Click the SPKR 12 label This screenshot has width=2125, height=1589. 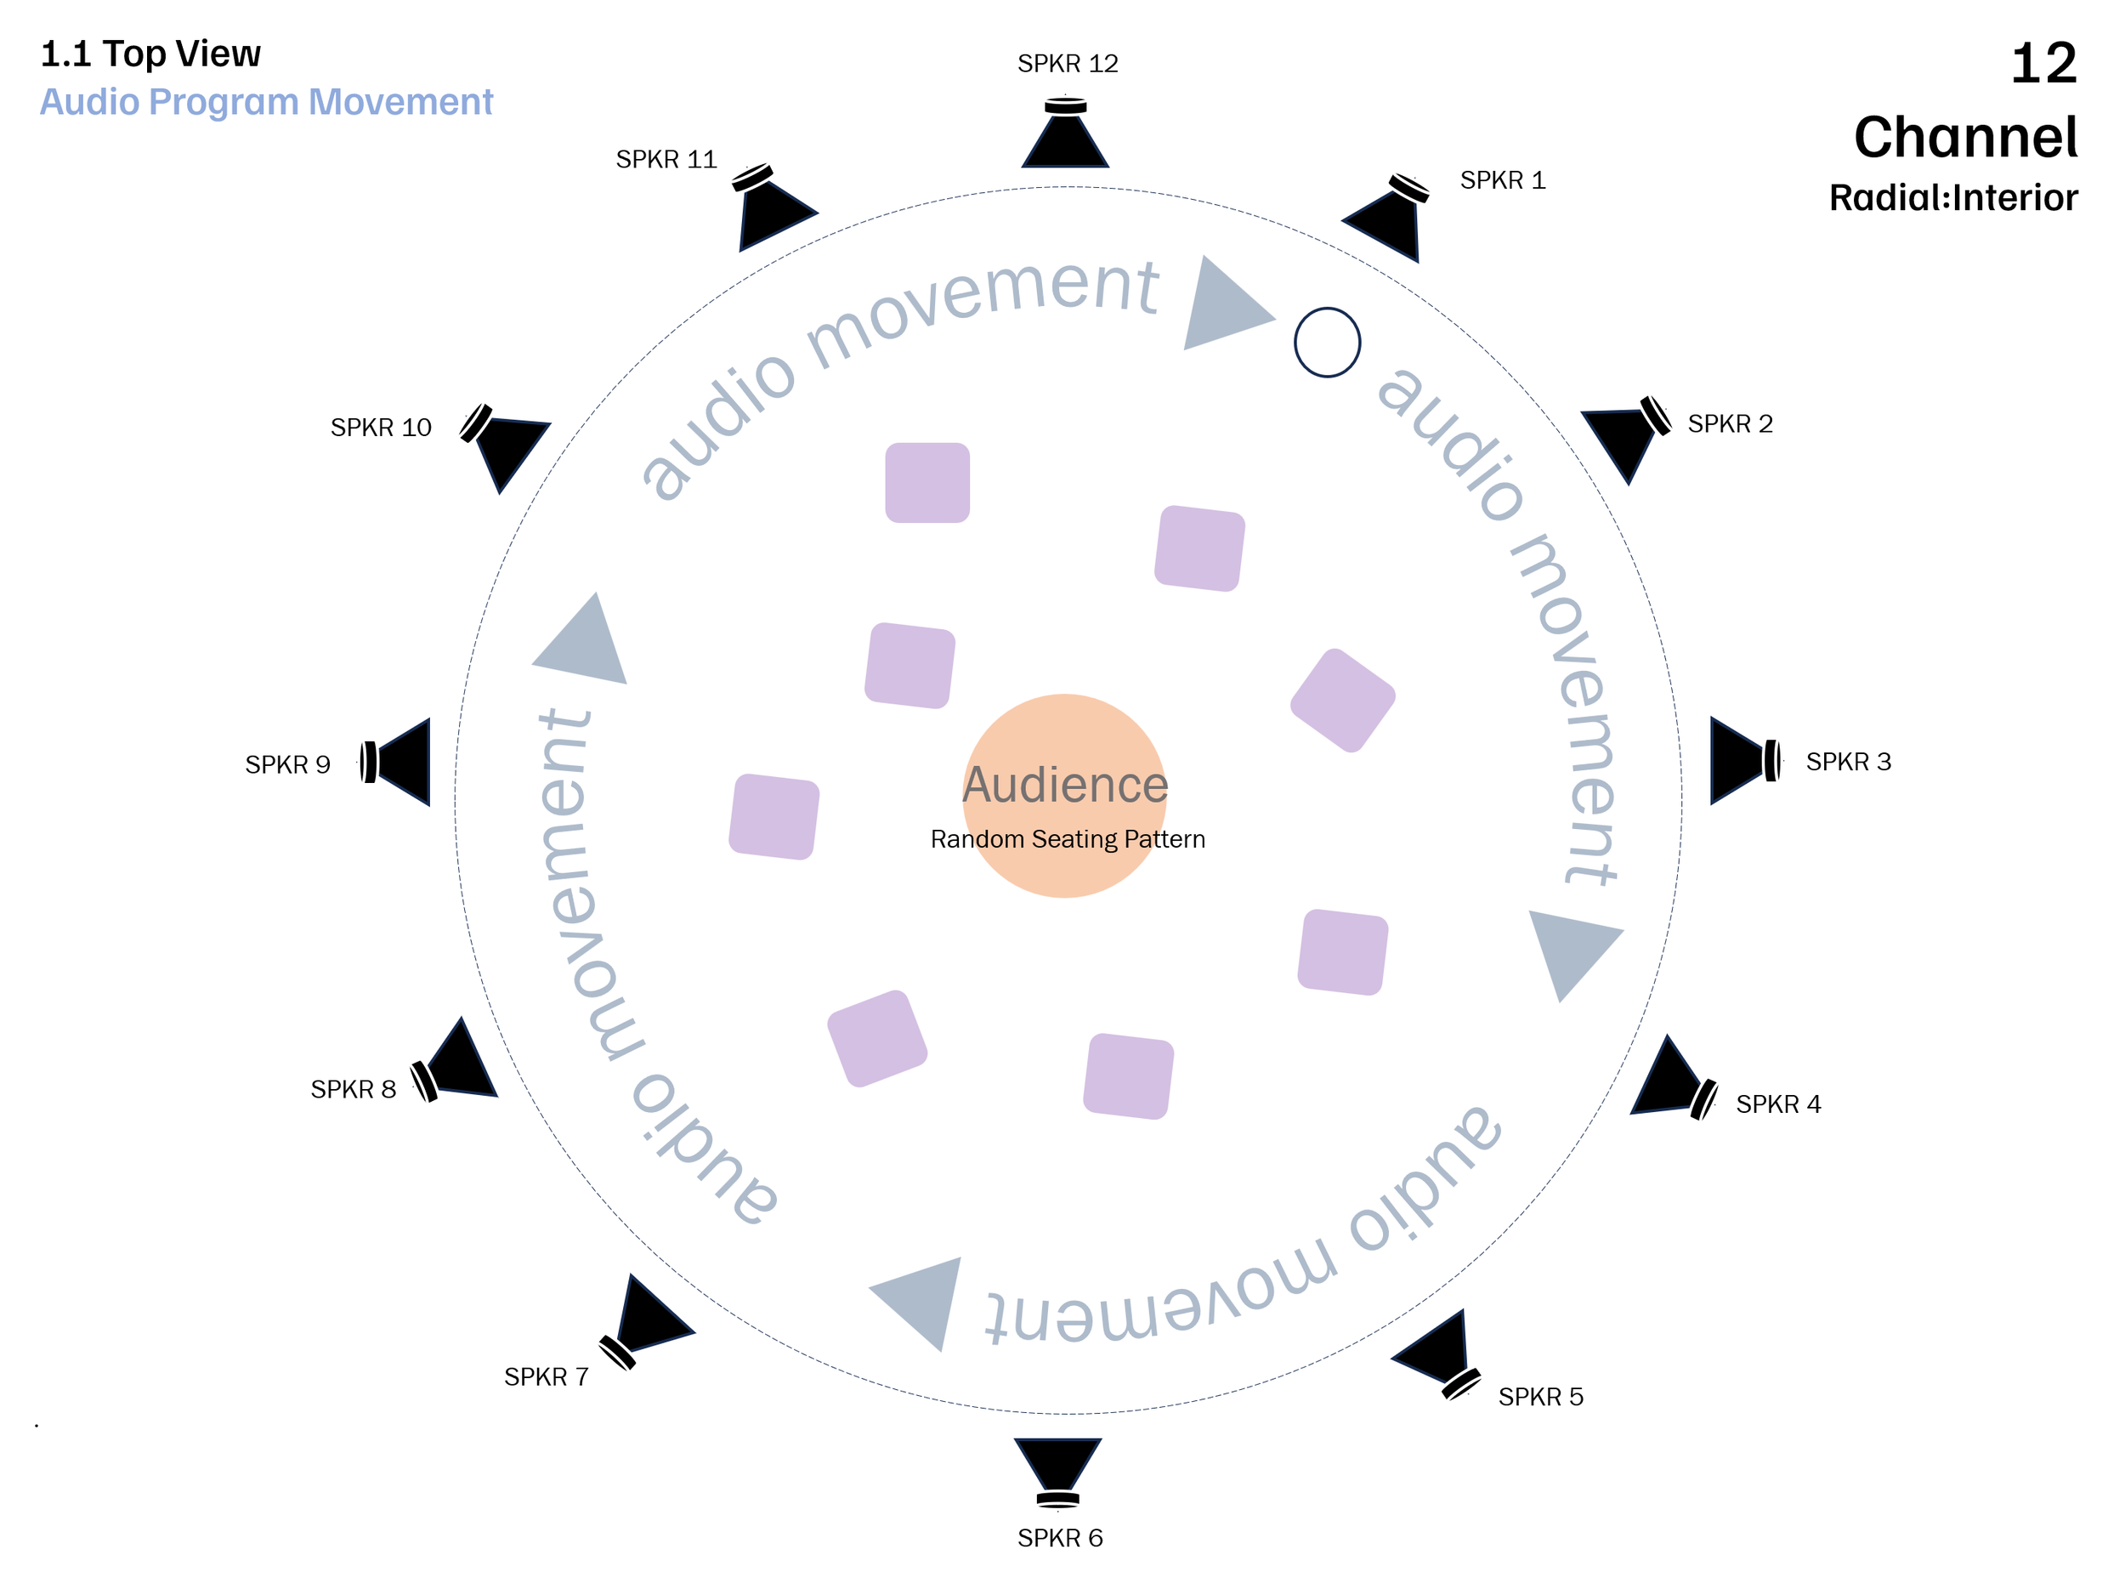(x=1068, y=65)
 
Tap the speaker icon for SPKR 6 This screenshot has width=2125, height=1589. (x=1057, y=1469)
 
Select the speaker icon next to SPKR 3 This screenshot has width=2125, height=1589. (x=1742, y=760)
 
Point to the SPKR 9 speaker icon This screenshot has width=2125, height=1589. (x=398, y=762)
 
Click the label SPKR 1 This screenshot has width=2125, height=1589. (x=1503, y=180)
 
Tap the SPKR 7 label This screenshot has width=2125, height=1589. (x=546, y=1376)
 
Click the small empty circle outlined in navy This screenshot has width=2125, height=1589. (x=1327, y=342)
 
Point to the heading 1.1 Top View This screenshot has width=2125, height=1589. (x=150, y=54)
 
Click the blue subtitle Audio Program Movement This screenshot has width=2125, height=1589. (x=266, y=102)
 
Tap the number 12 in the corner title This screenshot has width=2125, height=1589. (x=2043, y=64)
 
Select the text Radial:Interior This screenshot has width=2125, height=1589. (x=1952, y=198)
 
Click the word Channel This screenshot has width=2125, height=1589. (x=1964, y=138)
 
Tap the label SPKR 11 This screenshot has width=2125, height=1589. (x=666, y=160)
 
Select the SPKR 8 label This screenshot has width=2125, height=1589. (x=353, y=1089)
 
